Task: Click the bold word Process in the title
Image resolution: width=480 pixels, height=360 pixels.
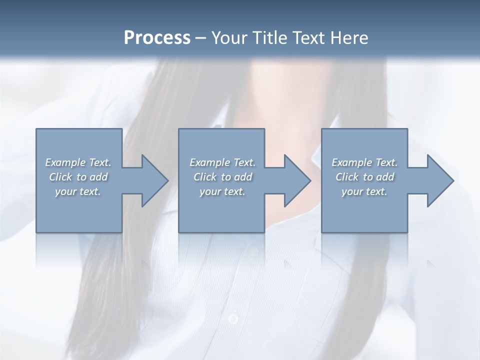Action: (x=157, y=38)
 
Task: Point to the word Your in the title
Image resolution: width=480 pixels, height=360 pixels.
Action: (x=227, y=38)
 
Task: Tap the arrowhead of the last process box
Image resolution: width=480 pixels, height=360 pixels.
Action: (x=439, y=180)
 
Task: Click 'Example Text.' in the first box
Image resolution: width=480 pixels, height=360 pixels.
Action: (x=78, y=162)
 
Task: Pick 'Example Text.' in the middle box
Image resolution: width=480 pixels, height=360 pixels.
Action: (x=222, y=162)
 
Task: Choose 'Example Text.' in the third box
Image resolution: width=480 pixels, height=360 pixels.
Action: (x=364, y=162)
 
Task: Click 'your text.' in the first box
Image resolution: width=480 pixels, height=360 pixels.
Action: (x=78, y=191)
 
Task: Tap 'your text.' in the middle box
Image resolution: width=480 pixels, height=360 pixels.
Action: (x=222, y=191)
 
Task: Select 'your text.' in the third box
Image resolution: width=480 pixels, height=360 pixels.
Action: (x=364, y=191)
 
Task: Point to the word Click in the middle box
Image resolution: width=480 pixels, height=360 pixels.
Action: (x=205, y=177)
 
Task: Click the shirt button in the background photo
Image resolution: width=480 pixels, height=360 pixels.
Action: (x=232, y=318)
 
